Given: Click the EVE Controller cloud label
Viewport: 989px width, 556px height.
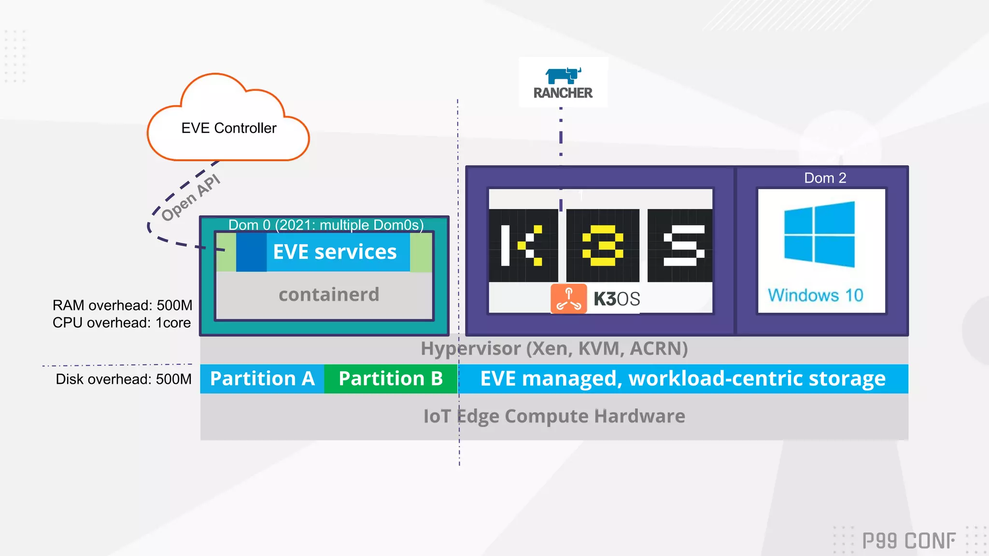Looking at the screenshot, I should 228,128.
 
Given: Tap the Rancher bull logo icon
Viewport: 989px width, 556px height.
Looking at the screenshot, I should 563,76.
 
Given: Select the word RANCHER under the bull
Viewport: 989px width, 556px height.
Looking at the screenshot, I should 563,93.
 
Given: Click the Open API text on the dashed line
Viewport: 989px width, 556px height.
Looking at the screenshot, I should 191,198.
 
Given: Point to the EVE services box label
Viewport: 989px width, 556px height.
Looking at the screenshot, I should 335,252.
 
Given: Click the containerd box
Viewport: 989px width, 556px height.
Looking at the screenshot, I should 328,294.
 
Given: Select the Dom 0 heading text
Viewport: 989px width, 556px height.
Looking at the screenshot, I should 326,225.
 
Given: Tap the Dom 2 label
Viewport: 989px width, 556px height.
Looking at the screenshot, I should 825,178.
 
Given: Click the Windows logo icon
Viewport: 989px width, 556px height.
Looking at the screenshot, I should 819,235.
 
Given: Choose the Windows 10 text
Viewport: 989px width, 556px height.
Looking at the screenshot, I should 815,295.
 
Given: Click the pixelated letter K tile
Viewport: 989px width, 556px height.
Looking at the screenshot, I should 523,246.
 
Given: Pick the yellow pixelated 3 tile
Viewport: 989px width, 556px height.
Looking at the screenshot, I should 603,246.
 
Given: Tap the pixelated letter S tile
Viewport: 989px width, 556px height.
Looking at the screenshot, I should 680,246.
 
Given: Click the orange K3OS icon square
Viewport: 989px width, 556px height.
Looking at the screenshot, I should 569,299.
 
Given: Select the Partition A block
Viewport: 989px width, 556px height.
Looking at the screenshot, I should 262,379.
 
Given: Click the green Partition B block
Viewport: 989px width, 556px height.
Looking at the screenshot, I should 391,379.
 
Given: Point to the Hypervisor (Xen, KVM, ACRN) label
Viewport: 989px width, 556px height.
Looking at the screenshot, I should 554,348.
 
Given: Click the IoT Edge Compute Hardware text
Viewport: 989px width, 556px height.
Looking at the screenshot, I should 554,416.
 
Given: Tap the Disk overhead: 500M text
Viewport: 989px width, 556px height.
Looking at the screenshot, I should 123,379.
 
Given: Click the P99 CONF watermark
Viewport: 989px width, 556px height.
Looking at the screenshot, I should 908,541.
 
